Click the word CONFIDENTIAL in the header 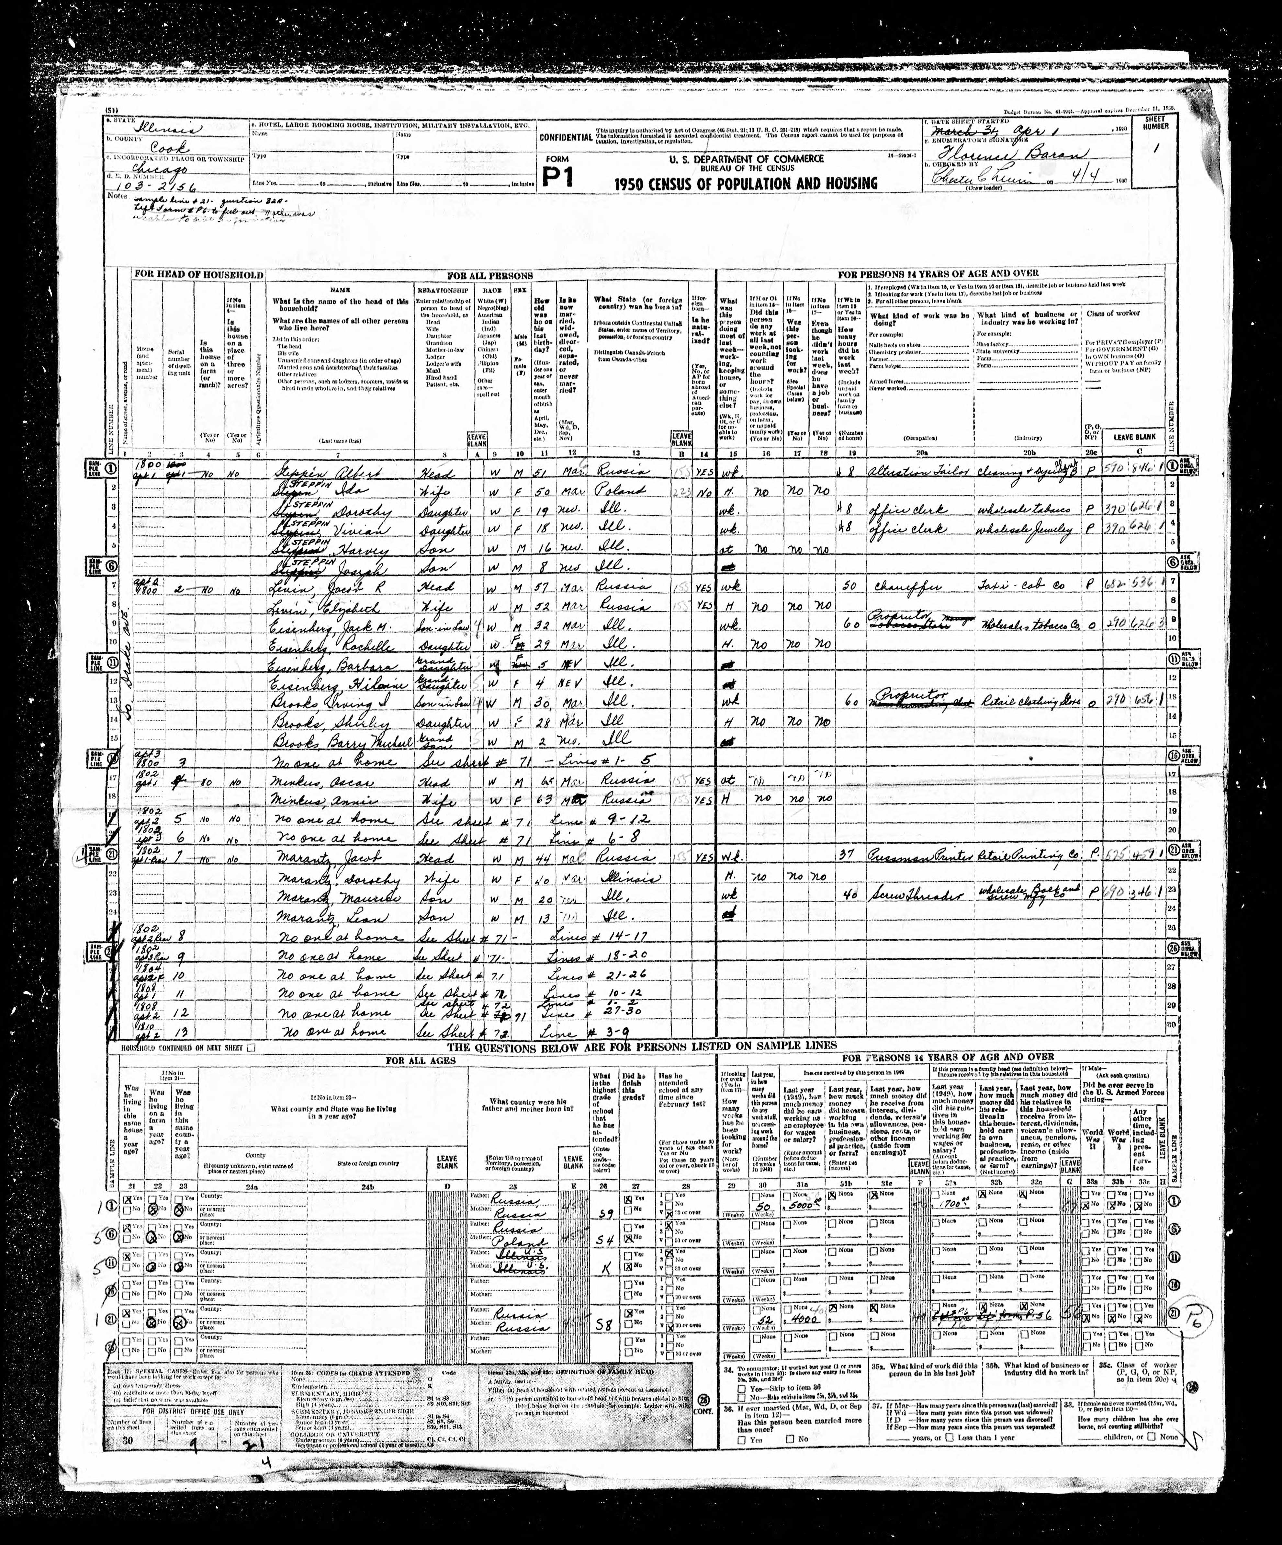point(565,138)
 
